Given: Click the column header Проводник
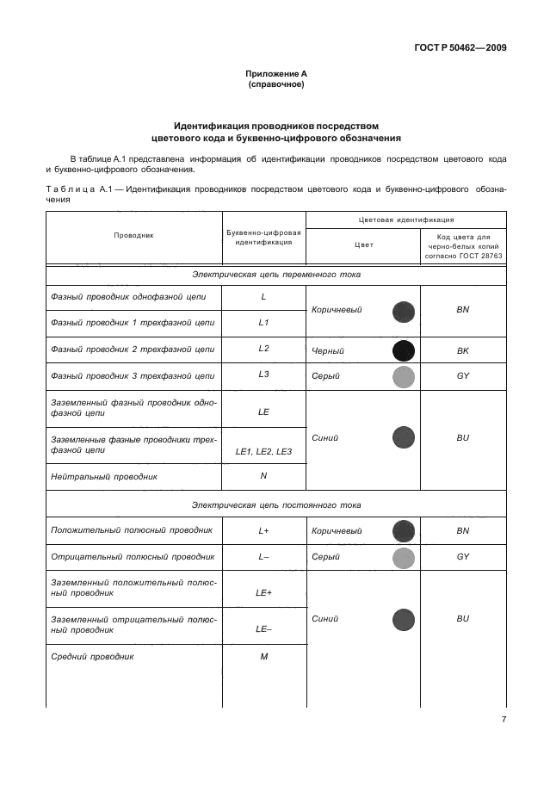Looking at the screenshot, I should (x=133, y=235).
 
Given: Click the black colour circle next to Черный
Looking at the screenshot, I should (x=403, y=351).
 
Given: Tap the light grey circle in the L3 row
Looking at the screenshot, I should (x=403, y=376).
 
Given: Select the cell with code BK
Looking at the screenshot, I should (x=462, y=351).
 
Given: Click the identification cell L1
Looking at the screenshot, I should (x=263, y=323).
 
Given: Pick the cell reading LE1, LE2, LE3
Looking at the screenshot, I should (x=263, y=451).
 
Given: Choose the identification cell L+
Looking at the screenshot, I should (x=263, y=531).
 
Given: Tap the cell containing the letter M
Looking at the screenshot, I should (x=263, y=657).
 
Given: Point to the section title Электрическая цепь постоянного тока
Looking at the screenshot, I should (x=276, y=504).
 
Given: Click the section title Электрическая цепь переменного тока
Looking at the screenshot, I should (x=276, y=274).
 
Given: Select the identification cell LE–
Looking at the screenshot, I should (x=263, y=629).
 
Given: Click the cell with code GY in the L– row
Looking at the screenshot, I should (x=462, y=557).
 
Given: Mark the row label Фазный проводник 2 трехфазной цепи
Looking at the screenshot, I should (x=133, y=350).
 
